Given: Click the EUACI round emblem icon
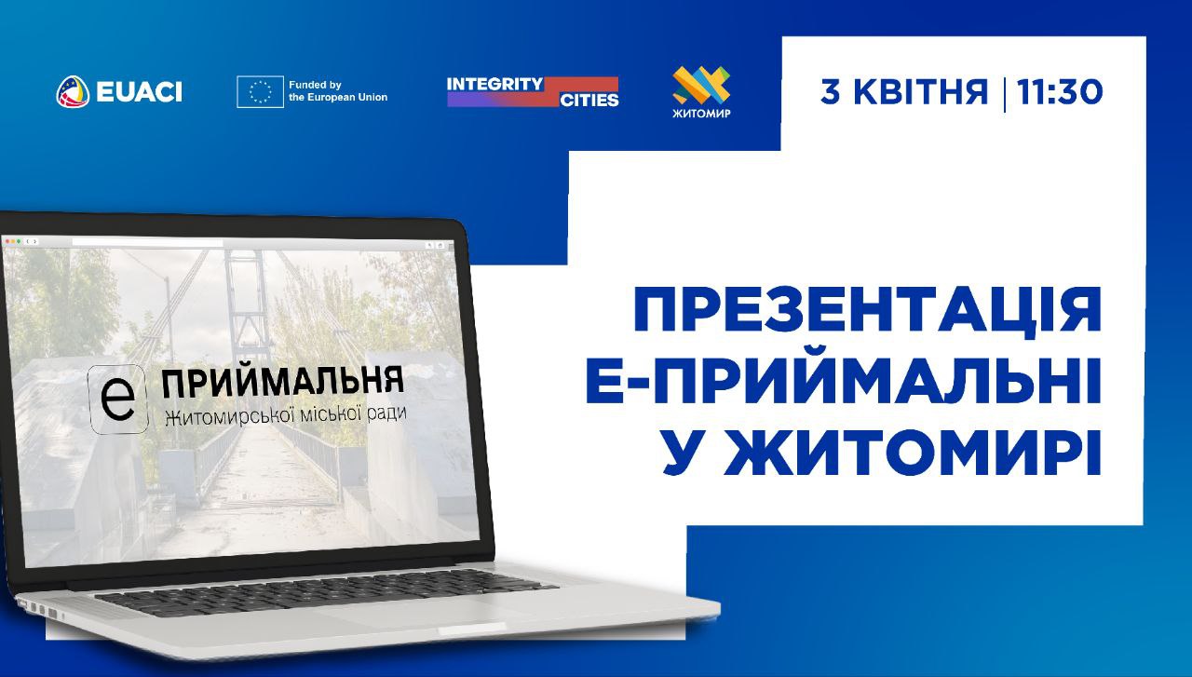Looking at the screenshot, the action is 73,91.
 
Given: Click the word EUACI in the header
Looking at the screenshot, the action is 140,92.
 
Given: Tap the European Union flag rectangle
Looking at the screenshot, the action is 260,91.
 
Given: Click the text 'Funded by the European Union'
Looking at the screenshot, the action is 338,91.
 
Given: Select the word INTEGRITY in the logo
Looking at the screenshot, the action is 494,84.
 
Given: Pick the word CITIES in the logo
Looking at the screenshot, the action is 589,100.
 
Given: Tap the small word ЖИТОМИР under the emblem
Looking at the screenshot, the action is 701,113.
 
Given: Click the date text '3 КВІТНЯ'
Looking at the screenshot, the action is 904,91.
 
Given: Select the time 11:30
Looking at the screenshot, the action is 1060,91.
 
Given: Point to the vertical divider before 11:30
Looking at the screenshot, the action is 1004,94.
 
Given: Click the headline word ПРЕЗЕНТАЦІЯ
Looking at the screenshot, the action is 867,310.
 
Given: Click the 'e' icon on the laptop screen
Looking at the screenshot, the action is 117,399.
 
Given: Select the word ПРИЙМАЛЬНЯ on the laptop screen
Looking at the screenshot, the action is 282,381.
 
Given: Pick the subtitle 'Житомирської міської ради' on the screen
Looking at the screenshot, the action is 286,415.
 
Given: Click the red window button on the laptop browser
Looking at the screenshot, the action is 7,241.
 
